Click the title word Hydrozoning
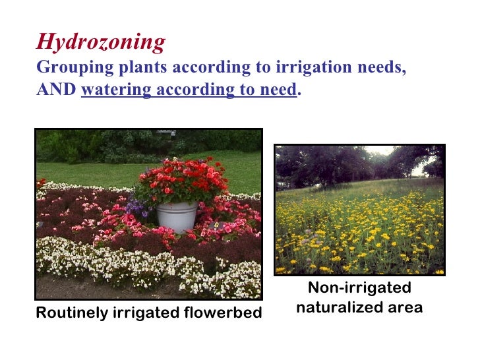pos(100,42)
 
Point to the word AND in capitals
pos(56,90)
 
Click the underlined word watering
pos(115,90)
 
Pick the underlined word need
pos(278,90)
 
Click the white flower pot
pos(177,216)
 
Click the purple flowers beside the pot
pos(140,208)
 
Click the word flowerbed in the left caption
pos(226,313)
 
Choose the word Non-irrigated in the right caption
pos(359,287)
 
